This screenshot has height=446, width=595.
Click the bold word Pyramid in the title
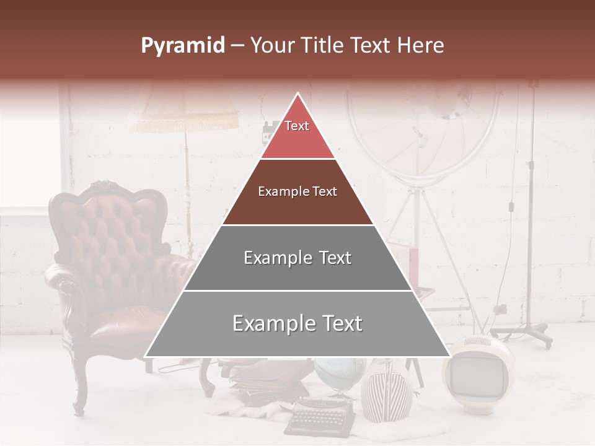pyautogui.click(x=182, y=45)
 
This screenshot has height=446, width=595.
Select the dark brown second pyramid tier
pyautogui.click(x=297, y=192)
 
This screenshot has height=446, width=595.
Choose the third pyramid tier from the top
pyautogui.click(x=297, y=258)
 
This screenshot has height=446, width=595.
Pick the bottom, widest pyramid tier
pyautogui.click(x=297, y=323)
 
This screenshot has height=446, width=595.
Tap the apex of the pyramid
pyautogui.click(x=297, y=95)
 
